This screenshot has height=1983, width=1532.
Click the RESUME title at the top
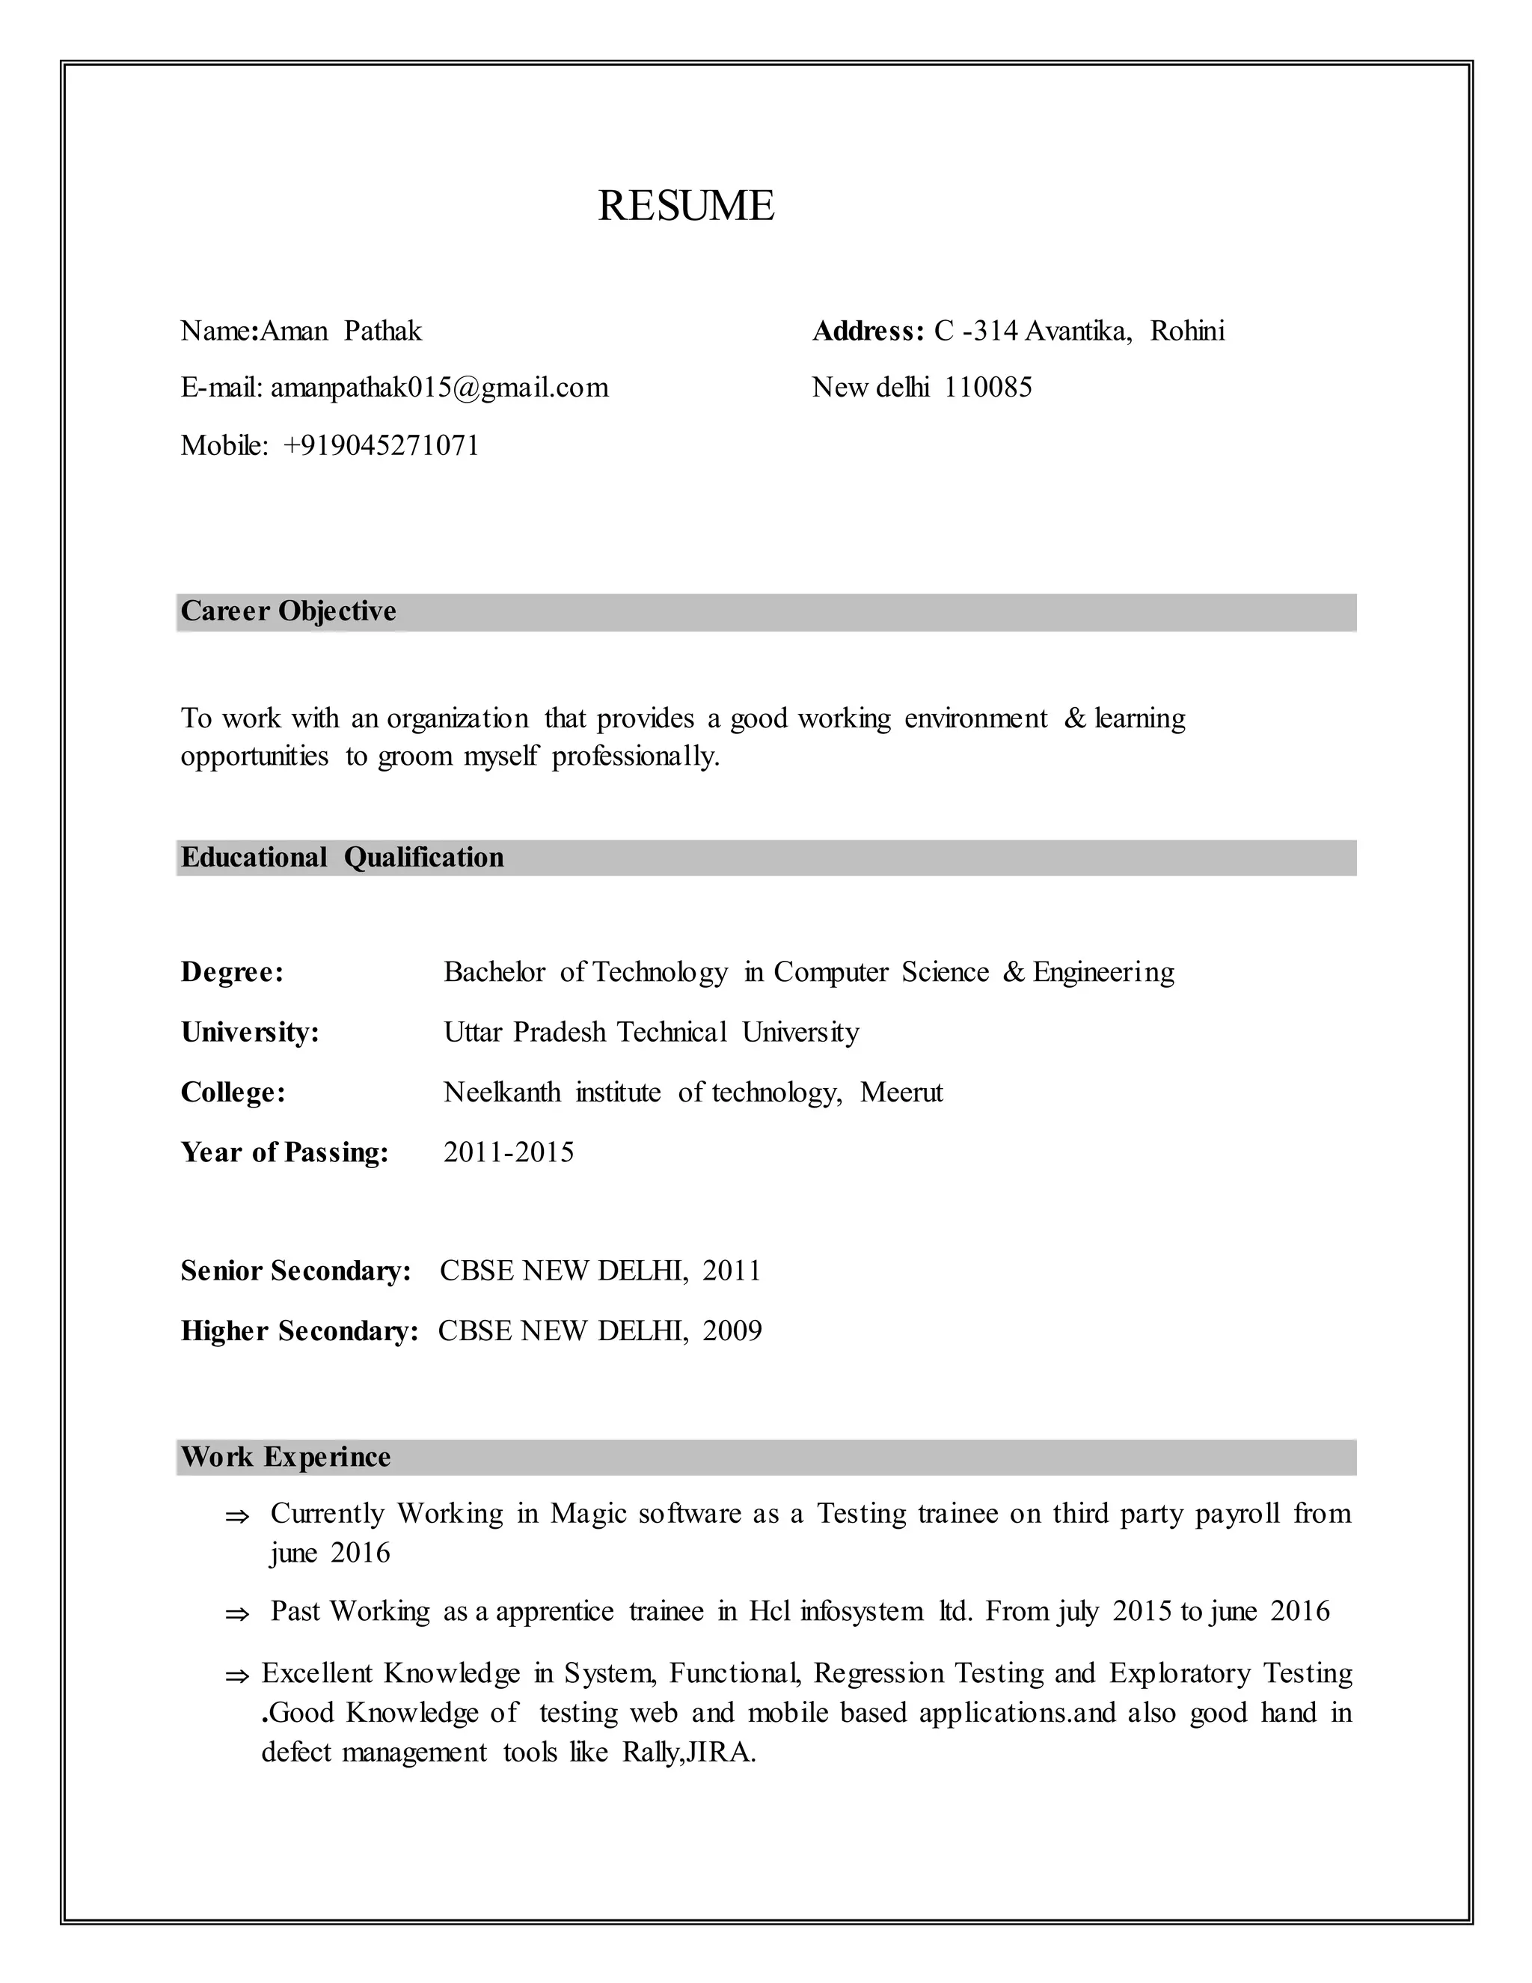pos(686,205)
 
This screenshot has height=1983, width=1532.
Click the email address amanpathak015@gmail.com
pos(439,388)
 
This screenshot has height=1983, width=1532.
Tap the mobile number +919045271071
pos(382,446)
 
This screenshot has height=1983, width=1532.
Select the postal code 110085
pos(987,388)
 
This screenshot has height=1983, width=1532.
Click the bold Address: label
pos(868,331)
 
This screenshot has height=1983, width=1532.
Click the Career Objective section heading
pos(289,611)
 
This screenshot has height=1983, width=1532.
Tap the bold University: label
pos(250,1033)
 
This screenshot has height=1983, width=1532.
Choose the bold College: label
pos(233,1093)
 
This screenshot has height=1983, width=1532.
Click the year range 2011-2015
pos(508,1152)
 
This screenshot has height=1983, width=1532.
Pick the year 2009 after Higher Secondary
pos(732,1331)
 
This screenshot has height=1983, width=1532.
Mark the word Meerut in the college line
pos(901,1093)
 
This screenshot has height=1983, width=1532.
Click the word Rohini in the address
pos(1187,331)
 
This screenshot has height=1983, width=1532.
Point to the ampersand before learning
pos(1075,718)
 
